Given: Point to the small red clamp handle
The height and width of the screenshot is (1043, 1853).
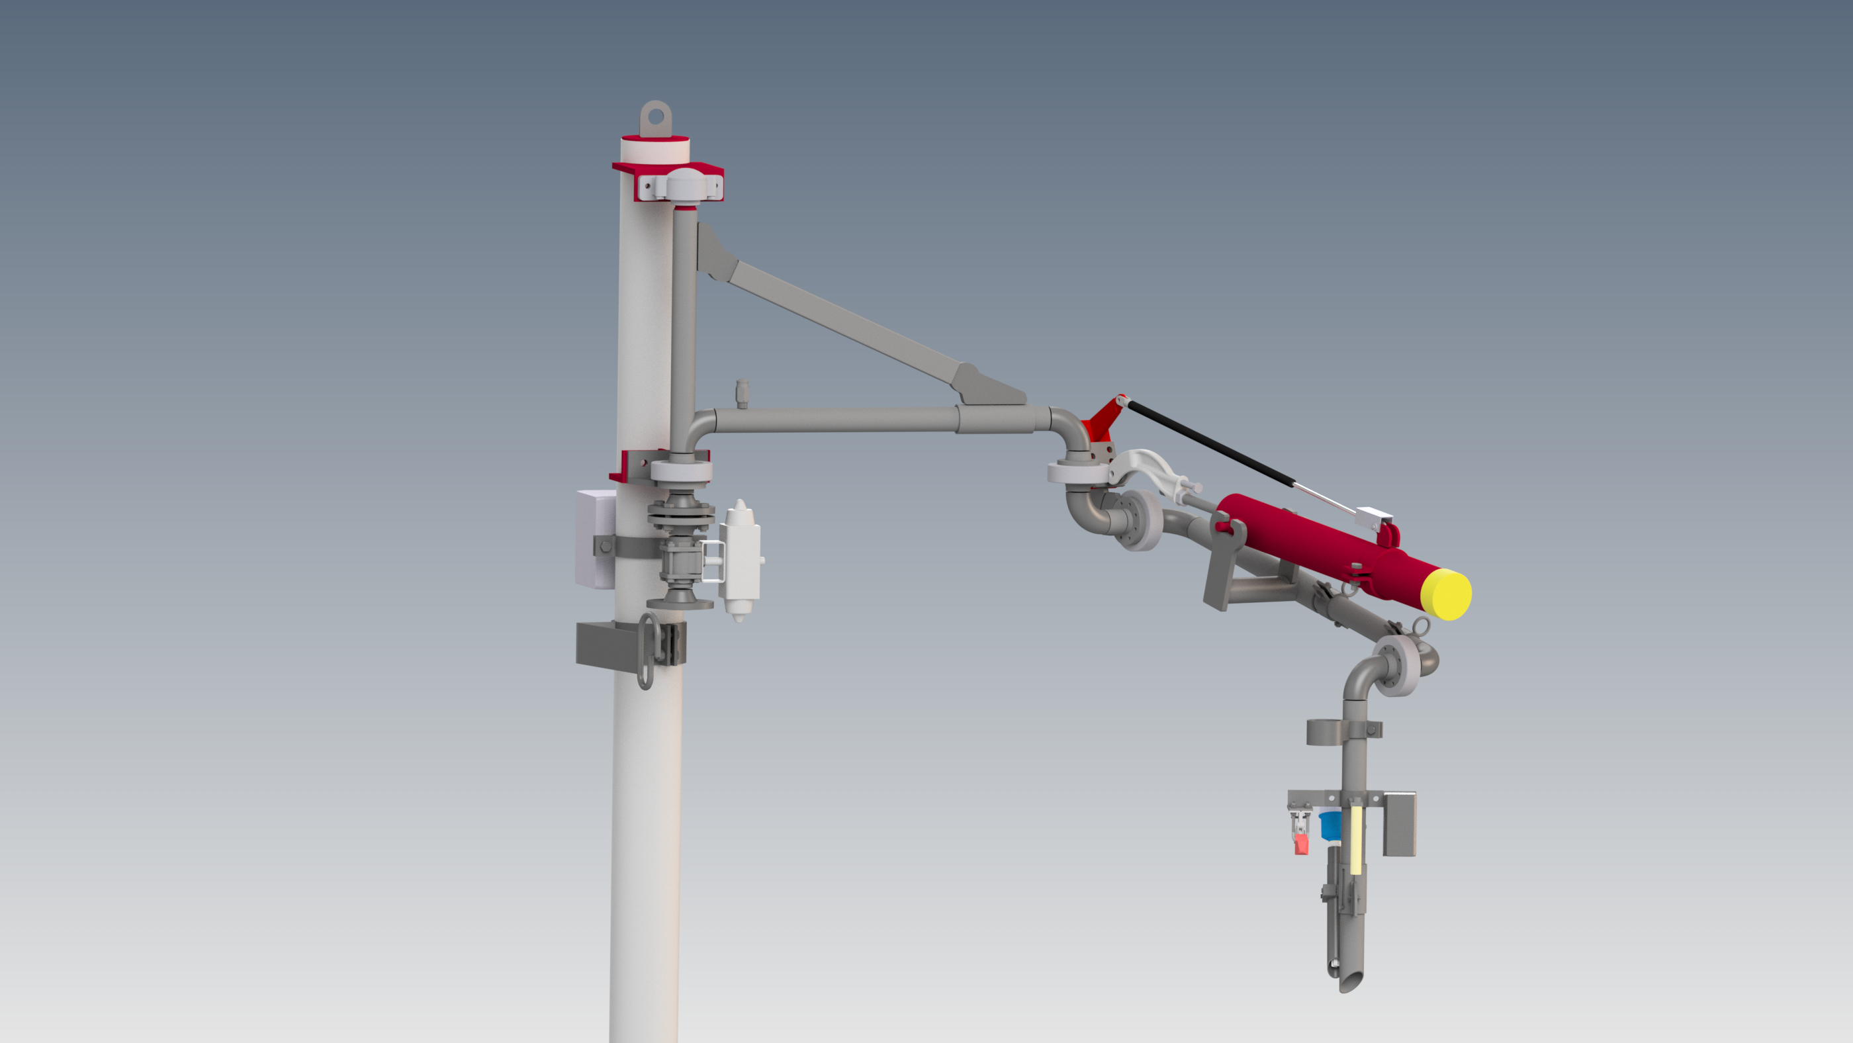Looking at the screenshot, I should [1300, 843].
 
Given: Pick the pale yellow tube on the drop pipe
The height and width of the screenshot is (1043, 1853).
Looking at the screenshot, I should [1355, 839].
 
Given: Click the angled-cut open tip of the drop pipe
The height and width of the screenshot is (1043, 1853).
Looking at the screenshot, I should [1350, 979].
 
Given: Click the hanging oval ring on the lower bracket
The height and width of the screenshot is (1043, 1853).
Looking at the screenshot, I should [646, 651].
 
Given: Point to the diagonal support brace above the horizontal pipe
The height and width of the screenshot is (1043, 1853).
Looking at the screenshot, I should [849, 324].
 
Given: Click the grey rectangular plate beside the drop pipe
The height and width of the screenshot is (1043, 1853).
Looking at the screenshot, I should [1399, 823].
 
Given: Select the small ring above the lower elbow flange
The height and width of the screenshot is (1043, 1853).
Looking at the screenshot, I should [1421, 626].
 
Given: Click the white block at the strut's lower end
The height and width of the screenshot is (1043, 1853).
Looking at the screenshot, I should [1373, 516].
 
